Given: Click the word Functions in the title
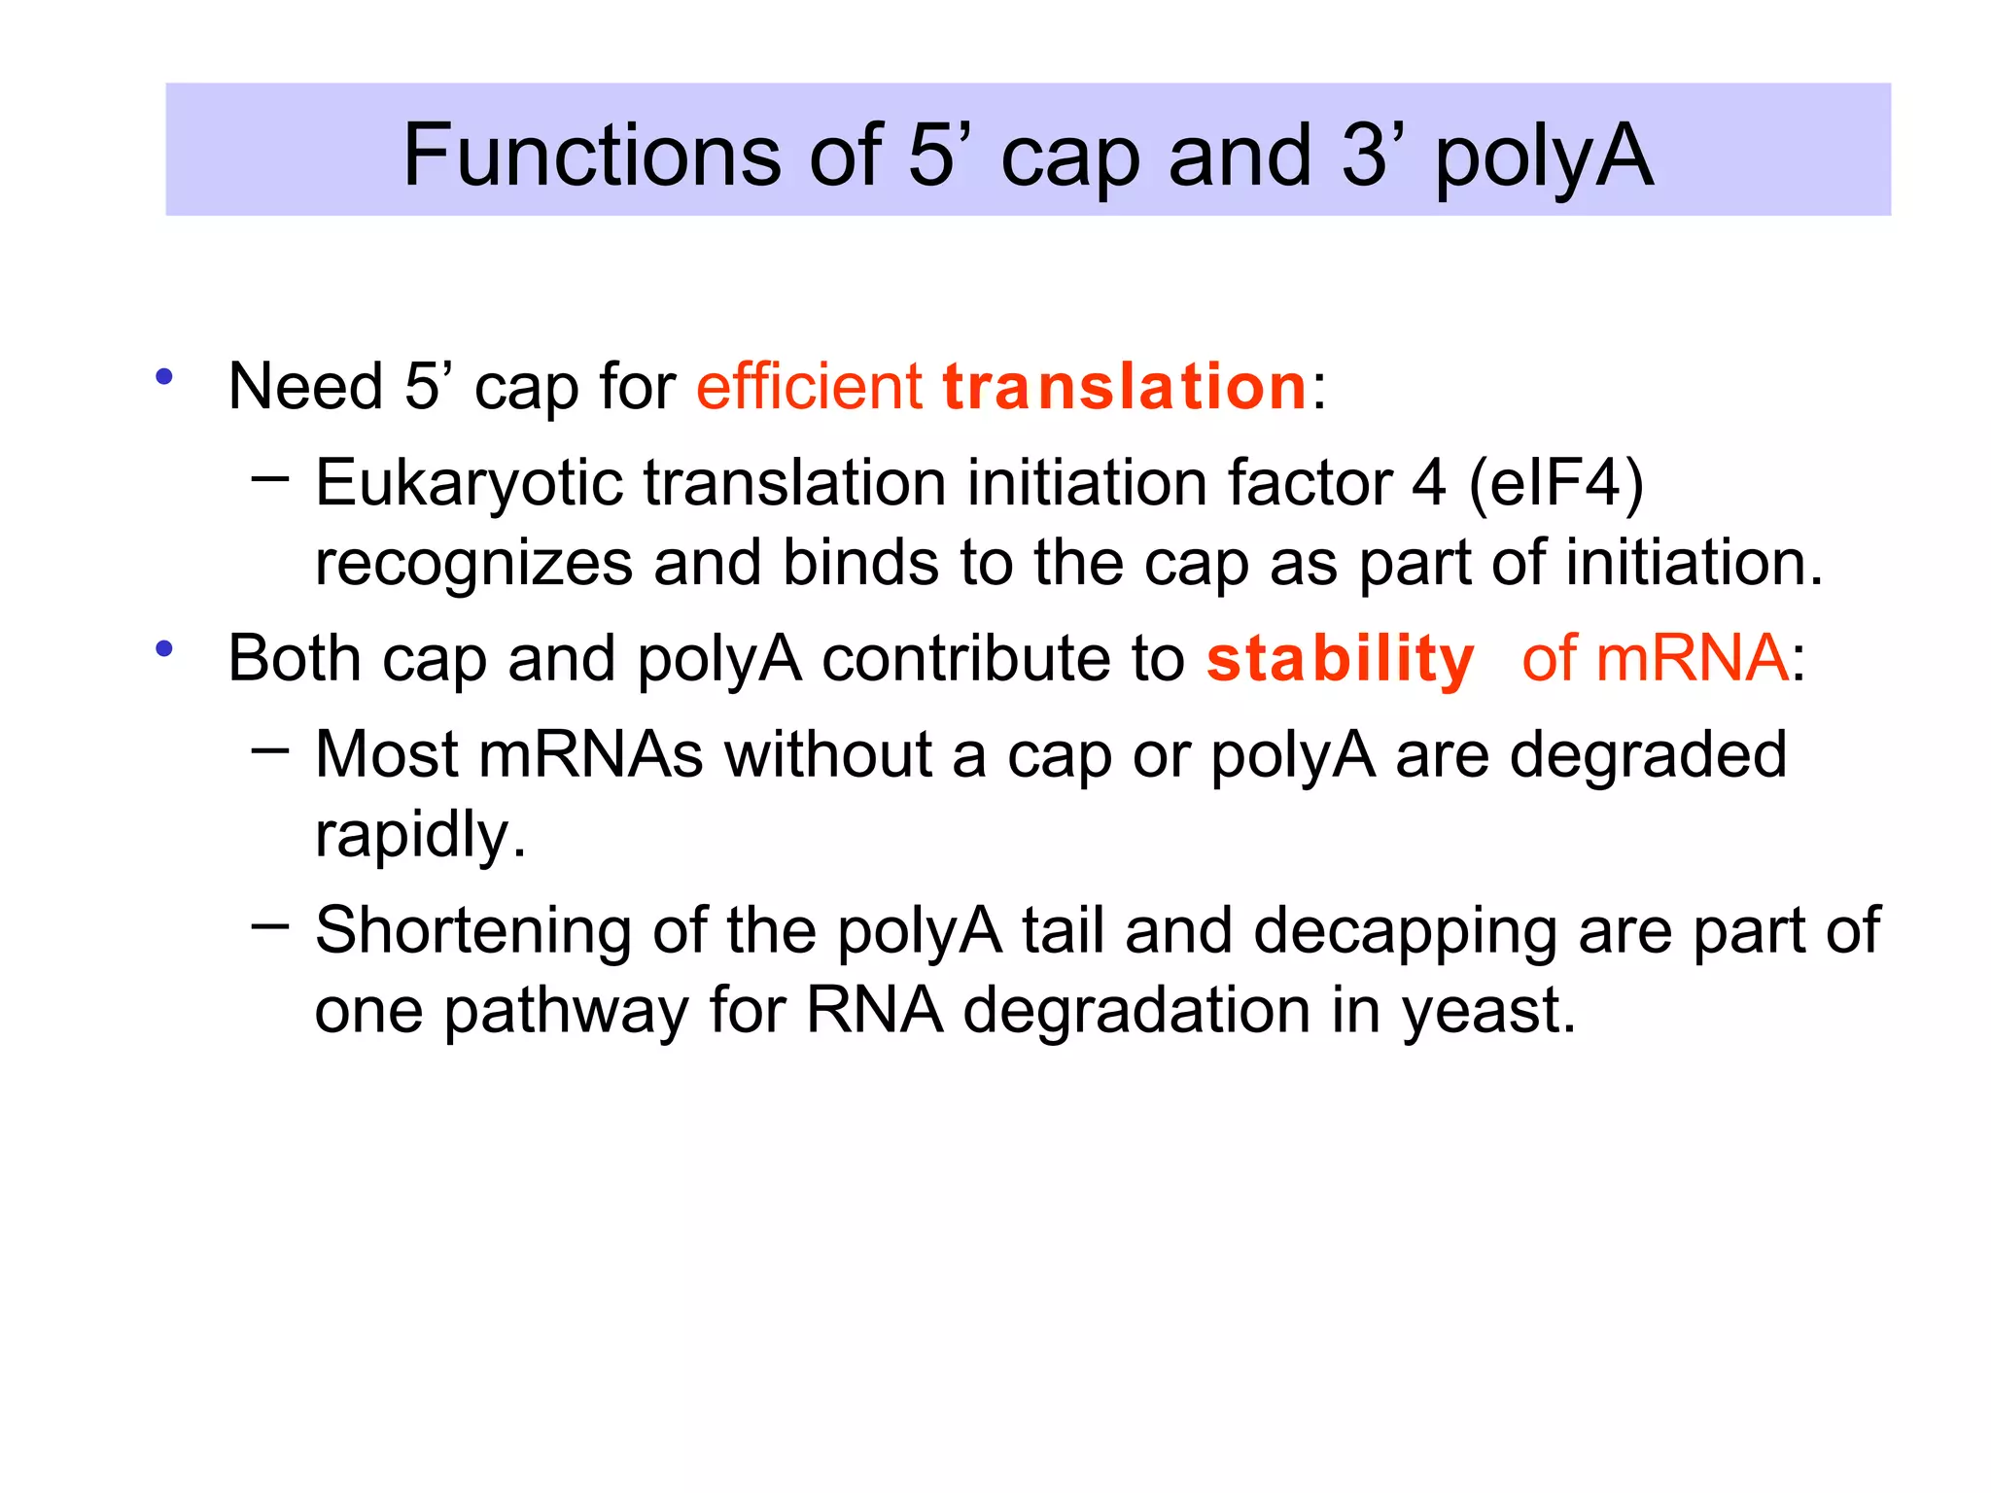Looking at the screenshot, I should [592, 156].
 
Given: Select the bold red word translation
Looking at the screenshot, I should [1124, 387].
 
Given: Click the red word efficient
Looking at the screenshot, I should [808, 386].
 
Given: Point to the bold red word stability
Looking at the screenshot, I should [1340, 661].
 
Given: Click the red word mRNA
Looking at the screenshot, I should [1691, 659].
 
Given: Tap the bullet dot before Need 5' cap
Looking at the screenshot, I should [164, 376].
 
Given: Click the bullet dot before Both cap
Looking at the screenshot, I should [164, 648].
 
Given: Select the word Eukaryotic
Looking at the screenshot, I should [469, 484].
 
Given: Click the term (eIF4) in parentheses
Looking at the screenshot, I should [1555, 483].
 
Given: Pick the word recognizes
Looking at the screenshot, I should [473, 564].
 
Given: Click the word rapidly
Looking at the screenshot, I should [420, 836].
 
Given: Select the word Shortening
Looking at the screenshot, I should [473, 932].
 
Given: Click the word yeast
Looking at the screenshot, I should [1487, 1012].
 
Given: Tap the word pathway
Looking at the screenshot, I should [566, 1012].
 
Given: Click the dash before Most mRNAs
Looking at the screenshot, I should [269, 749].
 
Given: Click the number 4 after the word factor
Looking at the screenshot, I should [1428, 483].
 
